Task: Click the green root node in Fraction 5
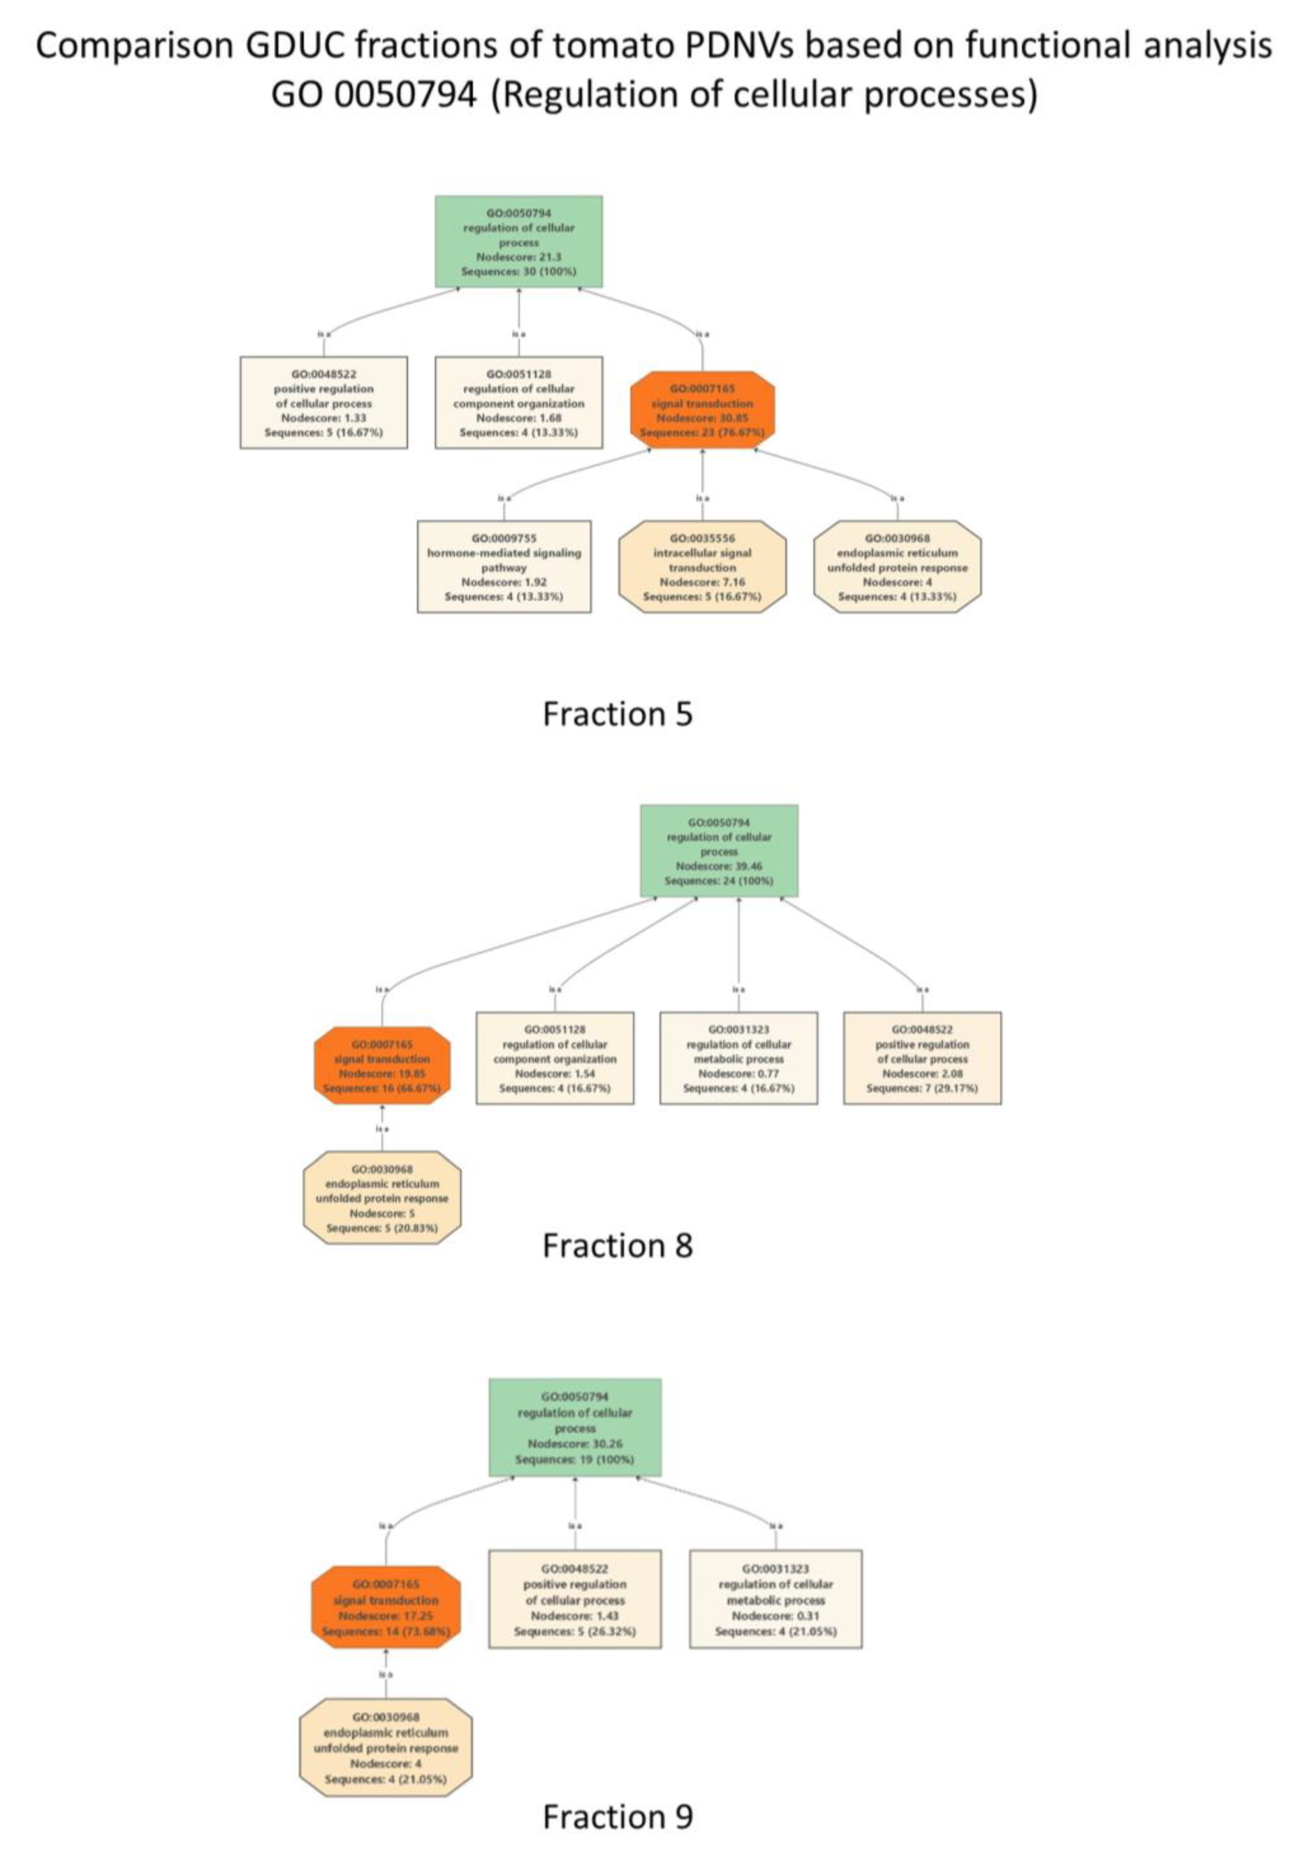[518, 242]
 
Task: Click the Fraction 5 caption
[617, 714]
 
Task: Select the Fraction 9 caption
[617, 1816]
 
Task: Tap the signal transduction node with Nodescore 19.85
[382, 1066]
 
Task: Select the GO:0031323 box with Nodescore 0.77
[739, 1058]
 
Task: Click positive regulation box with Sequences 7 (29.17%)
[922, 1058]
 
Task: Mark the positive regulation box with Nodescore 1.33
[323, 402]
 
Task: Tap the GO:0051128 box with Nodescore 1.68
[518, 402]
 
